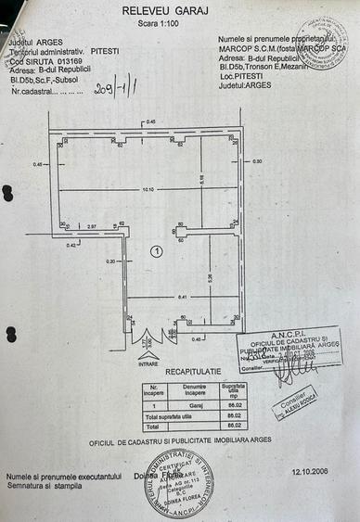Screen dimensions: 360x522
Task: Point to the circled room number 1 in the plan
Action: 157,251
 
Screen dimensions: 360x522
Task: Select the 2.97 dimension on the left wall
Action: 92,226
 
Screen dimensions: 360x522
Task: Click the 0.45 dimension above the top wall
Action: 151,121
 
